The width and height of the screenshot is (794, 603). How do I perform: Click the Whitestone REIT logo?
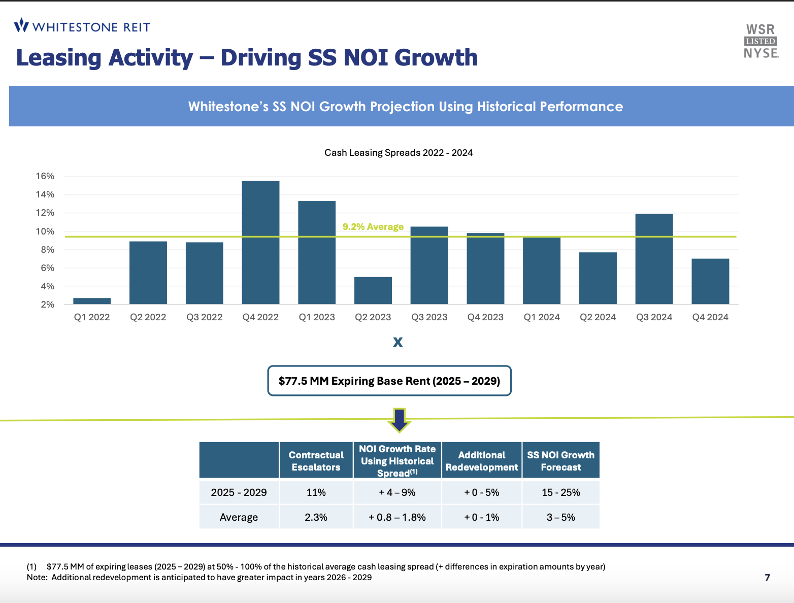82,26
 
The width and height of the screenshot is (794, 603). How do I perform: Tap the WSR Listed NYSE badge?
760,42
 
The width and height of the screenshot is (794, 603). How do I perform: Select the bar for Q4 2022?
260,243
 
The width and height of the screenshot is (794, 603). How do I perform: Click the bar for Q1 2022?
92,301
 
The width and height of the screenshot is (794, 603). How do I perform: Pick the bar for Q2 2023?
373,290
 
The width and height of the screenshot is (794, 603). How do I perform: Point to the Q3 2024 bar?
654,259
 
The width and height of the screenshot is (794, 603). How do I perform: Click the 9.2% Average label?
373,226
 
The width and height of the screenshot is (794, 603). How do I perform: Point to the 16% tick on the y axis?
45,176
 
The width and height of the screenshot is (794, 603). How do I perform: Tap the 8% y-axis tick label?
47,250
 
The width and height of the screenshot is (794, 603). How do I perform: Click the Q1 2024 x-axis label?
542,317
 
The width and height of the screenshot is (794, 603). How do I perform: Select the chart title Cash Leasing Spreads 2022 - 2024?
399,153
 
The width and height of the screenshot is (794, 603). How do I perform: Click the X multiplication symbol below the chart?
398,342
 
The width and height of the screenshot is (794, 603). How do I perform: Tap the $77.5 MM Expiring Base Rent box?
389,381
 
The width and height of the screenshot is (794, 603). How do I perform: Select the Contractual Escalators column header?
316,461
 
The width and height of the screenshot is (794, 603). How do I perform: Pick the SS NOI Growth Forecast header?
560,461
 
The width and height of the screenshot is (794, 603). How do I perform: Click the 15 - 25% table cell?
560,492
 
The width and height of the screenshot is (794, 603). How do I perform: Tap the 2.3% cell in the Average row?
316,517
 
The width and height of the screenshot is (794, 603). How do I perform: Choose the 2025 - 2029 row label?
239,492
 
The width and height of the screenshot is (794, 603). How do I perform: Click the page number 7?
767,577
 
